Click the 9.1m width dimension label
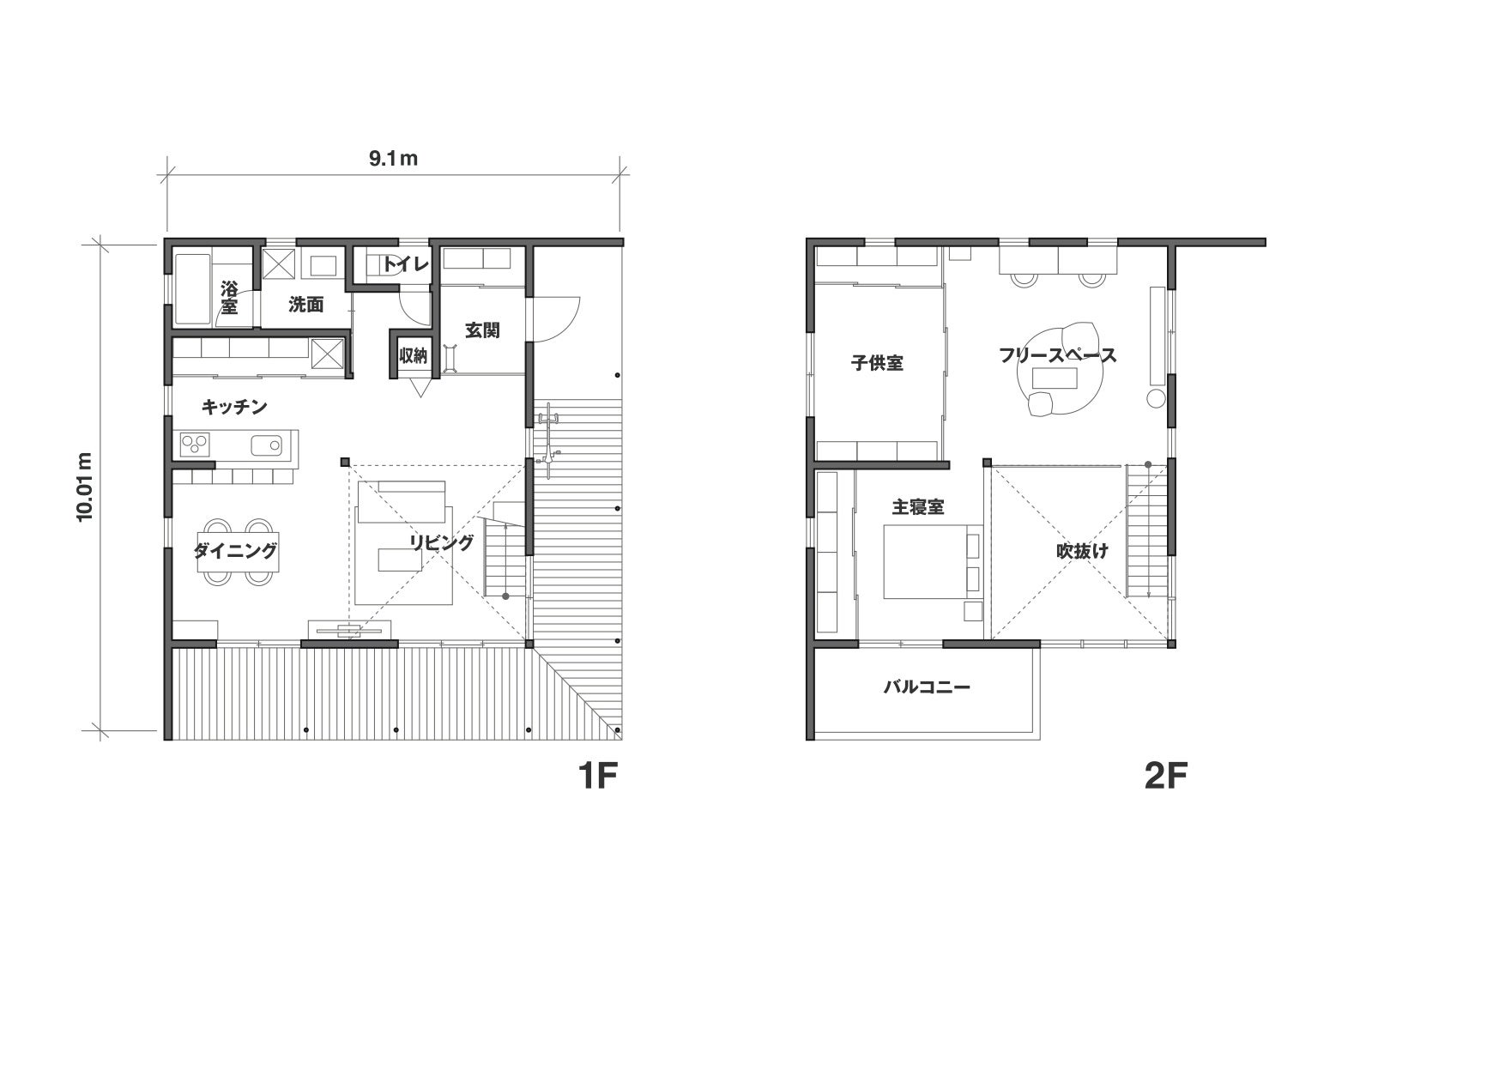[393, 159]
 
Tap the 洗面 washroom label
[305, 304]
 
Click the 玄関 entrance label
[482, 330]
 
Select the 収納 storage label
[414, 355]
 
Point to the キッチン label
[234, 407]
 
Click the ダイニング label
[235, 550]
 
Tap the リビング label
[441, 542]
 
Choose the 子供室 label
[877, 363]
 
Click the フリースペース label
[1058, 355]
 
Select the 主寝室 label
[918, 507]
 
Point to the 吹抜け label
[1081, 551]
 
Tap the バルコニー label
[927, 687]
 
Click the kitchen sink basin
[266, 445]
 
